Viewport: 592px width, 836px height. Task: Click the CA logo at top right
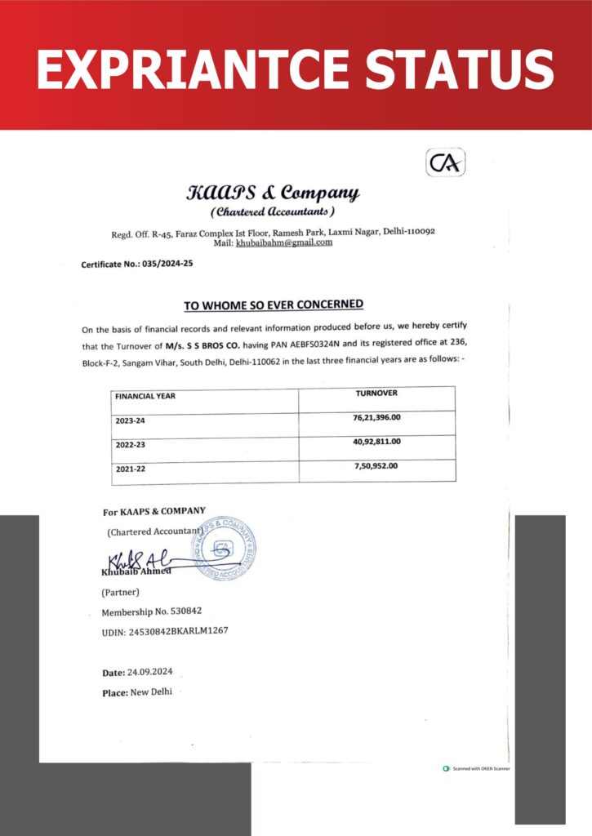coord(446,162)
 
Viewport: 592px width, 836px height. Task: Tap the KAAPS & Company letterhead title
coord(273,193)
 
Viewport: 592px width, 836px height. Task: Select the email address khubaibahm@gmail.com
coord(284,242)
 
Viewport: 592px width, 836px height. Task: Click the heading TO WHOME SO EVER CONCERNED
coord(274,305)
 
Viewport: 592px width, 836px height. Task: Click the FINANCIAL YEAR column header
coord(145,396)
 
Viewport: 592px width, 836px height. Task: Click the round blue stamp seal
coord(223,548)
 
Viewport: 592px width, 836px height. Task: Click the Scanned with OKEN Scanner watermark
coord(478,768)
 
